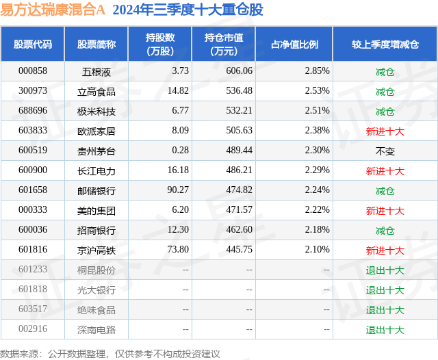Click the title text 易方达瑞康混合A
pyautogui.click(x=53, y=10)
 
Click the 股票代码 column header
pyautogui.click(x=32, y=44)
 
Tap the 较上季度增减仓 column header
pyautogui.click(x=385, y=44)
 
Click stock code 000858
pyautogui.click(x=32, y=71)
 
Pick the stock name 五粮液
pyautogui.click(x=96, y=71)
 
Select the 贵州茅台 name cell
pyautogui.click(x=96, y=151)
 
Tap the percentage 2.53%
pyautogui.click(x=317, y=91)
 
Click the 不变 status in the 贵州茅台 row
pyautogui.click(x=385, y=151)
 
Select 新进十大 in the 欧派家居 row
pyautogui.click(x=385, y=131)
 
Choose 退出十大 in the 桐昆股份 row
pyautogui.click(x=385, y=270)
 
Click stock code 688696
pyautogui.click(x=32, y=111)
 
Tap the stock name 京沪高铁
pyautogui.click(x=96, y=250)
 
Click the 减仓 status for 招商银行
pyautogui.click(x=385, y=230)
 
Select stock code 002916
pyautogui.click(x=32, y=329)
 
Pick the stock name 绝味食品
pyautogui.click(x=96, y=309)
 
